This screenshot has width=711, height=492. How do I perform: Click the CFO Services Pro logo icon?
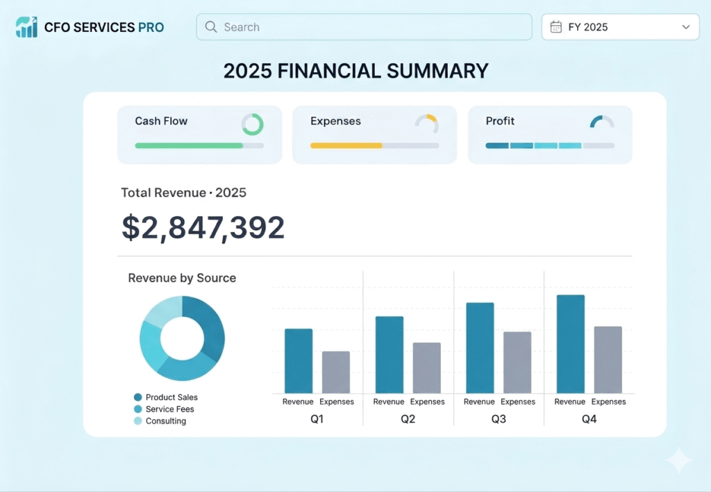coord(27,27)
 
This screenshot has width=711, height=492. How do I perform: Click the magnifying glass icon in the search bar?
coord(211,27)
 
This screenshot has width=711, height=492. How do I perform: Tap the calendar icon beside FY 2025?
coord(556,27)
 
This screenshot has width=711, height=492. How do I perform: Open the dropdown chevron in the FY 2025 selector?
coord(686,27)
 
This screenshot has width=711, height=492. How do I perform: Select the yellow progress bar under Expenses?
coord(346,146)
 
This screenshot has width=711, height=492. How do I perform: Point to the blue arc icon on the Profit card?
coord(595,120)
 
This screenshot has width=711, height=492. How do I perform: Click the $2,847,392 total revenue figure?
coord(203,227)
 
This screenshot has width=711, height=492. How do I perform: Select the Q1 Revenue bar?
coord(299,361)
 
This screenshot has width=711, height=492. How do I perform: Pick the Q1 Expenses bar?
coord(336,372)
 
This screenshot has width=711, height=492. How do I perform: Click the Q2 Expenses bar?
coord(427,368)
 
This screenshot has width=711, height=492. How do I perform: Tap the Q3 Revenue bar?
coord(480,347)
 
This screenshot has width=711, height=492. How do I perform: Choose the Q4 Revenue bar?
coord(571,344)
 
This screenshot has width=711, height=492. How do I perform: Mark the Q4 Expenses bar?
coord(608,359)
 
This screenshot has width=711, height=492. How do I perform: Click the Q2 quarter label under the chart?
coord(408,419)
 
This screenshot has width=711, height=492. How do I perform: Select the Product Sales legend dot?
coord(138,397)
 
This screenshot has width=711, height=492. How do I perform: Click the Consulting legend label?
coord(166,420)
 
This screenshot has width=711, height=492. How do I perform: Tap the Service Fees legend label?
coord(170,409)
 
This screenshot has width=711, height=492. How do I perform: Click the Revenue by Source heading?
coord(183,278)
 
